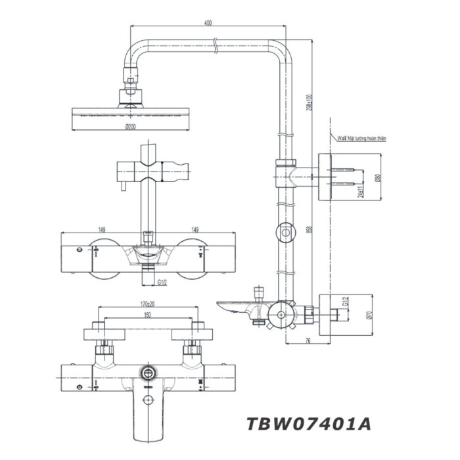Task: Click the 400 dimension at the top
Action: pyautogui.click(x=208, y=23)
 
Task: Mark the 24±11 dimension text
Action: pyautogui.click(x=361, y=191)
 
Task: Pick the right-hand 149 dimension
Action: pyautogui.click(x=195, y=229)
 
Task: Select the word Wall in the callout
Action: pyautogui.click(x=341, y=139)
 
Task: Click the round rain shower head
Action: pyautogui.click(x=131, y=116)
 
